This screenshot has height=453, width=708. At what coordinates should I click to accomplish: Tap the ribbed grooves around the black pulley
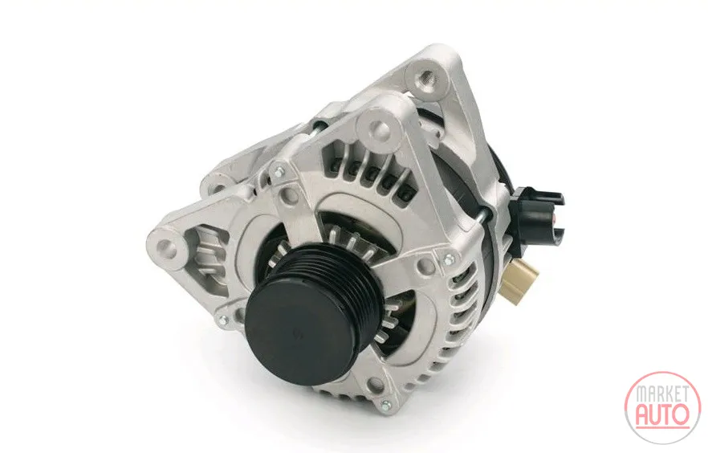pyautogui.click(x=344, y=276)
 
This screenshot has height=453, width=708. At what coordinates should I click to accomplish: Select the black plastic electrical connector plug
pyautogui.click(x=536, y=213)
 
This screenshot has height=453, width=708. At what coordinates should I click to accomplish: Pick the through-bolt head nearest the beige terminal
pyautogui.click(x=448, y=259)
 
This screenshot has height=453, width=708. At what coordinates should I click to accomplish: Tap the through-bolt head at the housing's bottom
pyautogui.click(x=385, y=404)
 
